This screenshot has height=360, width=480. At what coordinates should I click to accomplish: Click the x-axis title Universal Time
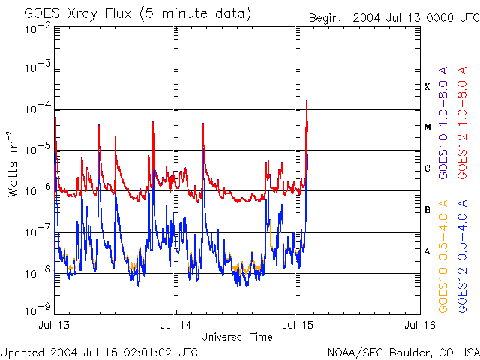236,337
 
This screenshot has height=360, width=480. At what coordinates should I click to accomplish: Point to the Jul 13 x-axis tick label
55,325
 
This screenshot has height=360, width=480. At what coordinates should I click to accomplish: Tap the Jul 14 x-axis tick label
176,325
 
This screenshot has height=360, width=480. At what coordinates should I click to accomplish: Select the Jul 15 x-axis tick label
297,325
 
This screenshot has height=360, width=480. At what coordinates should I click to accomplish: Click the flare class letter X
427,87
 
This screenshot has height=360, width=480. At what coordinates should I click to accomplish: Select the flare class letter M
427,127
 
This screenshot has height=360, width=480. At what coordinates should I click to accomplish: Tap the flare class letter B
427,210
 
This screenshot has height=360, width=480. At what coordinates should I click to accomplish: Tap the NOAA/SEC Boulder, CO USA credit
403,352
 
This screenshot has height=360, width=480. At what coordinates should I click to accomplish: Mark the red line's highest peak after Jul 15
307,100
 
